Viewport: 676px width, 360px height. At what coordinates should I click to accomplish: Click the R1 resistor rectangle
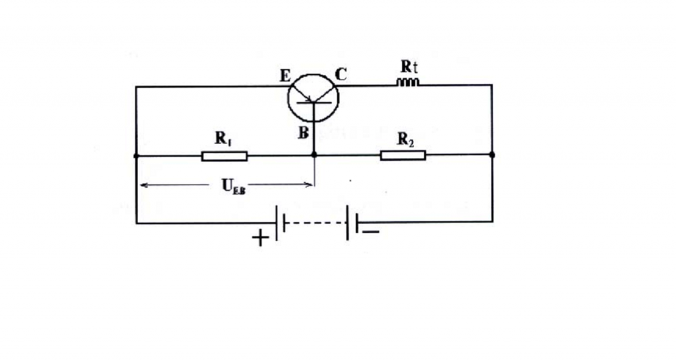click(x=224, y=156)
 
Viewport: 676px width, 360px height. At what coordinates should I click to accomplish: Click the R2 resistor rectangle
click(x=403, y=155)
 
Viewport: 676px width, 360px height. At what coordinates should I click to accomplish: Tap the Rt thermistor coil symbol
click(x=407, y=82)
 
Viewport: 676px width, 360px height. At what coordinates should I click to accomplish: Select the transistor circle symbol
click(x=314, y=98)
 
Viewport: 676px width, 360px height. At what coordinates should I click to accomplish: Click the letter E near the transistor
click(x=285, y=76)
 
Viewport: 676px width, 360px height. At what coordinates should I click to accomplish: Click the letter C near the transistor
click(x=341, y=75)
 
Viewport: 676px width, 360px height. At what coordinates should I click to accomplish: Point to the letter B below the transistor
click(x=304, y=133)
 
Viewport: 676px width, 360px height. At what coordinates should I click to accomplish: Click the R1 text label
click(x=223, y=139)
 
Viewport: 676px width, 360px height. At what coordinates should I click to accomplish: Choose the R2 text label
click(x=405, y=139)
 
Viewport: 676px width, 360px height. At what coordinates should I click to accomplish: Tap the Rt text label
click(x=409, y=67)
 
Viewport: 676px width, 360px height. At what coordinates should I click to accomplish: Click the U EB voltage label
click(x=233, y=186)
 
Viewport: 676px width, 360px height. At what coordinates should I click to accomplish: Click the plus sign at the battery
click(x=260, y=238)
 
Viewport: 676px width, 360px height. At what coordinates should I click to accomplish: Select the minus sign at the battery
click(x=371, y=232)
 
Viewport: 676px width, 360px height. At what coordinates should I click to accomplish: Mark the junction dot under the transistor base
click(x=314, y=155)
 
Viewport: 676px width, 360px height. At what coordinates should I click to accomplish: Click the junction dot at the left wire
click(x=136, y=156)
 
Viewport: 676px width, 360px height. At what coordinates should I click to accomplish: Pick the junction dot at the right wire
click(x=492, y=155)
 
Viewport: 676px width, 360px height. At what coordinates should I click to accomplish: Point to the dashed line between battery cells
click(x=316, y=223)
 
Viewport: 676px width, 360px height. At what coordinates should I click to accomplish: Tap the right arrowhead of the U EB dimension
click(x=308, y=185)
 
